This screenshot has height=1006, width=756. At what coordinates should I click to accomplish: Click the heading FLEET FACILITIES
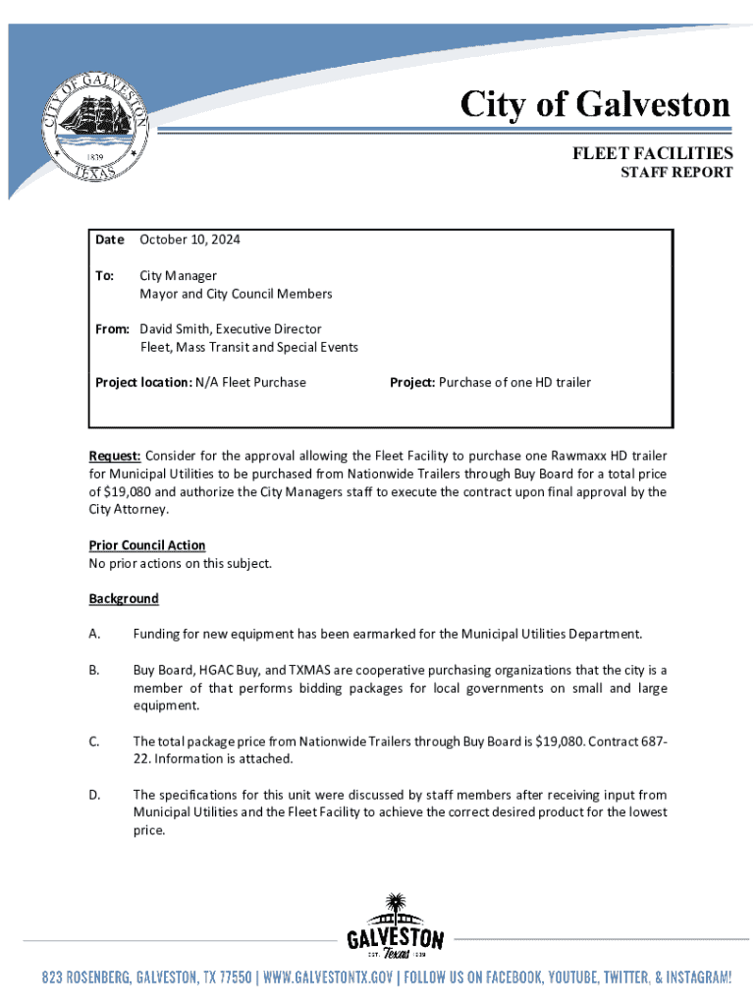pos(653,153)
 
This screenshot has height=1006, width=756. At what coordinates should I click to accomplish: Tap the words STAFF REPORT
pos(675,173)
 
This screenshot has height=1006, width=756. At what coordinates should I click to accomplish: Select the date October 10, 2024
pos(189,240)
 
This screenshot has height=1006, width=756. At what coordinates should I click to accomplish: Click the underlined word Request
pos(115,456)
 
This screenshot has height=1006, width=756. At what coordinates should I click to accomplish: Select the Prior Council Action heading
pos(147,545)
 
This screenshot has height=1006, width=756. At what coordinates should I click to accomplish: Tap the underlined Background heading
pos(124,598)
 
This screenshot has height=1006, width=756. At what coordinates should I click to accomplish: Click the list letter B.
pos(94,670)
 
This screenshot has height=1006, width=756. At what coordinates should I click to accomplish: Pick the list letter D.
pos(94,794)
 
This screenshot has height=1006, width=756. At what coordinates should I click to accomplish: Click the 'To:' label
pos(104,276)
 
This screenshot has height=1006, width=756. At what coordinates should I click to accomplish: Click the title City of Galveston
pos(596,105)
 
